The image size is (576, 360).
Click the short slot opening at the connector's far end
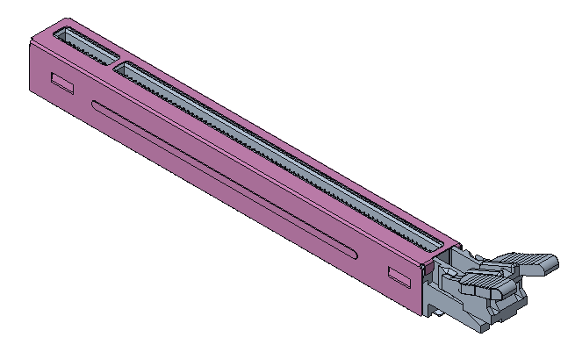84,44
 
